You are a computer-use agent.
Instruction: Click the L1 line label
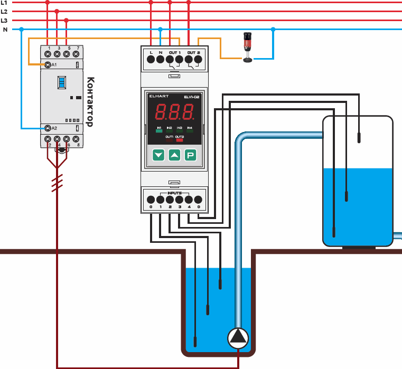(4, 3)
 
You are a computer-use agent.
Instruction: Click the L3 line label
(4, 20)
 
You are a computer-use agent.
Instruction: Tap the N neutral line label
(5, 30)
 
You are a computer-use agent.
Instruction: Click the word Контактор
(89, 102)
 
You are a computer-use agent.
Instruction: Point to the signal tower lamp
(247, 48)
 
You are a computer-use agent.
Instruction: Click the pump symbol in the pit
(238, 337)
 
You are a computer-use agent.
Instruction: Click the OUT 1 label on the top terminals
(175, 53)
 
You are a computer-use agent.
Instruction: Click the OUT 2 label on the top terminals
(194, 53)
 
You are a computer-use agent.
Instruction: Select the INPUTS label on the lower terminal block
(175, 193)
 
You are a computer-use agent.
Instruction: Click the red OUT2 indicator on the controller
(180, 140)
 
